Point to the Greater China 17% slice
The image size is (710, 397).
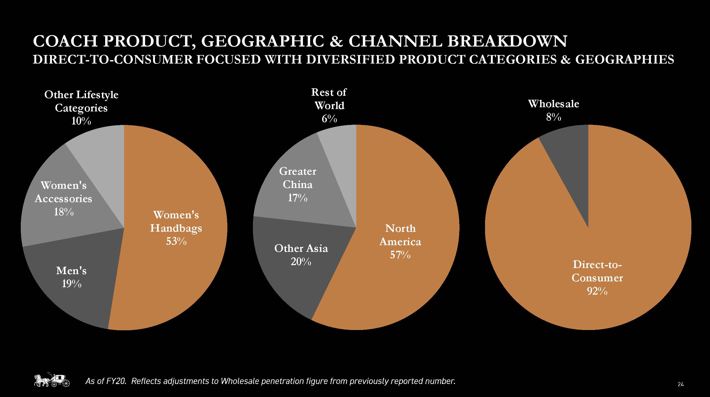click(303, 187)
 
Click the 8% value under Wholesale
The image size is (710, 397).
click(553, 117)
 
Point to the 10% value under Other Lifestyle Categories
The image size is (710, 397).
click(81, 121)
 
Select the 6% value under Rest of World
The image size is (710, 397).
click(329, 119)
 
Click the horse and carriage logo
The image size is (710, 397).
click(52, 380)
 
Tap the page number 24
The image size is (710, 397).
click(680, 384)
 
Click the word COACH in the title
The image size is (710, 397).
click(65, 41)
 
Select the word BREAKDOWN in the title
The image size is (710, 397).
click(507, 41)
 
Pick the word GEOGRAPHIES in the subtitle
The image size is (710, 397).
click(625, 60)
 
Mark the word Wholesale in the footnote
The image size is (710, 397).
click(240, 381)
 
